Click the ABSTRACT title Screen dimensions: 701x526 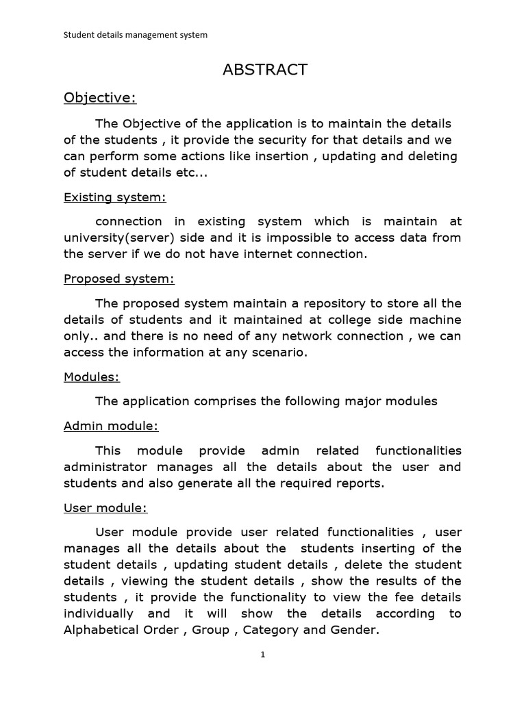[265, 70]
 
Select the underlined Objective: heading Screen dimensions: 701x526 [100, 98]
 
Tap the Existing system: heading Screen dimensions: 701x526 [115, 197]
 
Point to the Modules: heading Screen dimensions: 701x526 [92, 377]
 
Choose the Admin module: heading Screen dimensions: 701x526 [111, 426]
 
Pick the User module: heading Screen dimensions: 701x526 [105, 508]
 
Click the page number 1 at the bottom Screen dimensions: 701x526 [262, 654]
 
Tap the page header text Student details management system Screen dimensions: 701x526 [135, 34]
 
